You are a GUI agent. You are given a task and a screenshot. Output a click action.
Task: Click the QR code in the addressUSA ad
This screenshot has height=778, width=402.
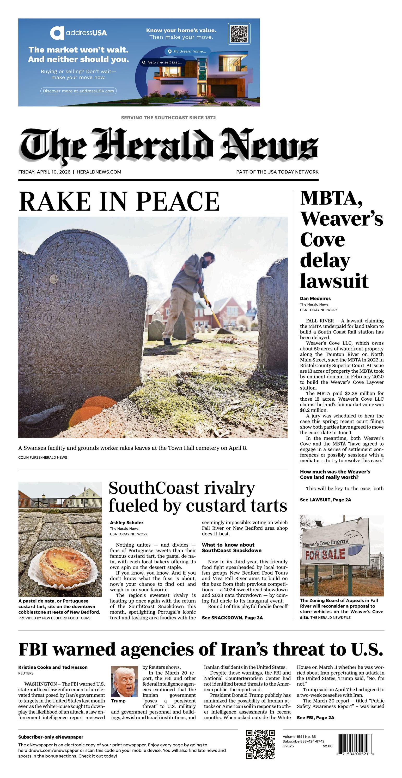tap(239, 33)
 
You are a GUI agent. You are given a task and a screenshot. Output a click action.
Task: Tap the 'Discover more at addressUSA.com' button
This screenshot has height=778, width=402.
tap(78, 91)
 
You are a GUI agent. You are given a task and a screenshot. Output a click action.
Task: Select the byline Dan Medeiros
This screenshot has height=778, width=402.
tap(315, 299)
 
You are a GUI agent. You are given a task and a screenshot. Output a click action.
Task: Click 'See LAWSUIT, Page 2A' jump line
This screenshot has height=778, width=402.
tap(325, 500)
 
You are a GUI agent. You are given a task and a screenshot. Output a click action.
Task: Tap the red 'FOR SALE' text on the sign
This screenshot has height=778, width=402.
tap(325, 554)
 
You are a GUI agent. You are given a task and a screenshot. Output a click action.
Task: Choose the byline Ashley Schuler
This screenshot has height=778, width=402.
tap(126, 523)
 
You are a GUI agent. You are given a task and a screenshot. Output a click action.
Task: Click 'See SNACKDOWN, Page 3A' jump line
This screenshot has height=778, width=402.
tap(232, 618)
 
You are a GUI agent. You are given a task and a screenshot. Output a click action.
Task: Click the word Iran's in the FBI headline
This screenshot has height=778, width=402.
tap(244, 650)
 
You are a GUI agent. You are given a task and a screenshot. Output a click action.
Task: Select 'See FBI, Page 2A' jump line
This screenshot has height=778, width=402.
tap(315, 718)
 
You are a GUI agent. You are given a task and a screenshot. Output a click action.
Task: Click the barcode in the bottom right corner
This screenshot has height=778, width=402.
tap(355, 744)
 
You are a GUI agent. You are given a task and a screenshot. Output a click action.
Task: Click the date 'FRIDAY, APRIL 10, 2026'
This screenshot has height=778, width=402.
tap(44, 172)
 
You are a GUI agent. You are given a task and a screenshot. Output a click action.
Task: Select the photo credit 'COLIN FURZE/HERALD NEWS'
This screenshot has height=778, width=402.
tap(42, 458)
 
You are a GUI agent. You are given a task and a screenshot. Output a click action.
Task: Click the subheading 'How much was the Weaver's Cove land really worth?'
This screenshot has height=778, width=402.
tap(335, 475)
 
